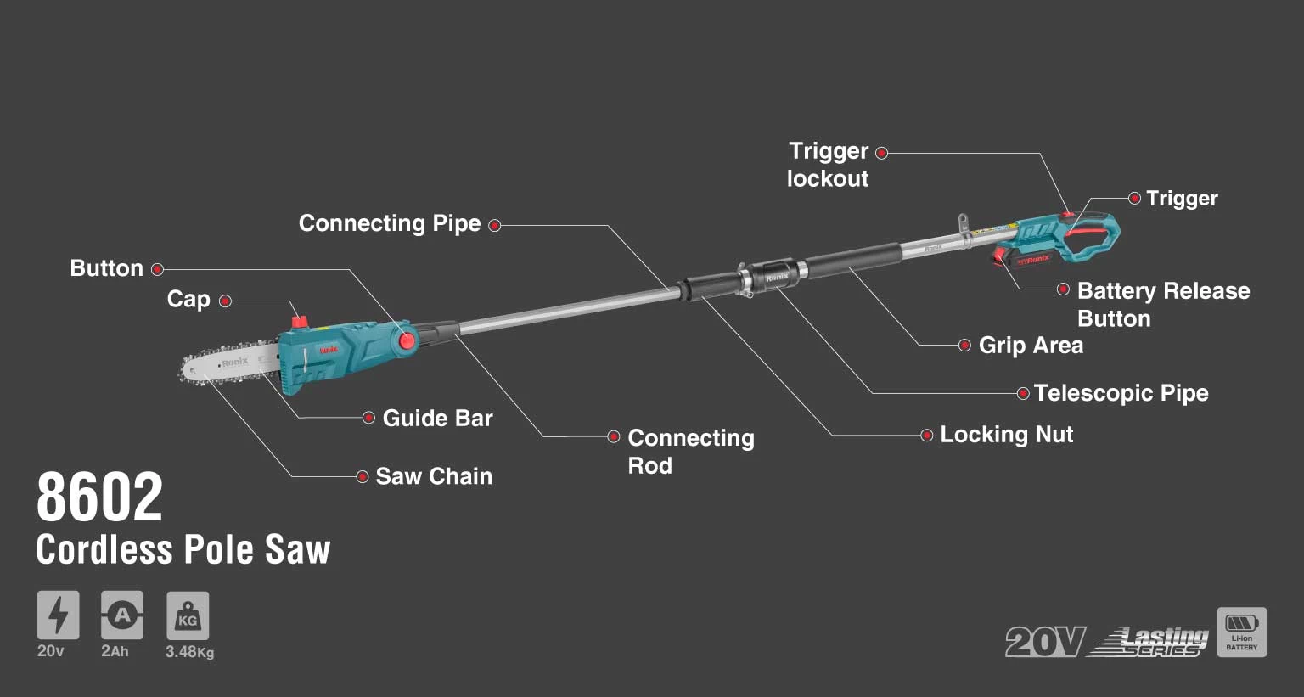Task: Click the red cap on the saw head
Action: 299,322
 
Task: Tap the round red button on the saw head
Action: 407,340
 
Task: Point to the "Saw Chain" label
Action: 433,476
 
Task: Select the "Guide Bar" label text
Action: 437,418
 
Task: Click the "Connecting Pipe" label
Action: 390,223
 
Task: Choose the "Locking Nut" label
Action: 1006,435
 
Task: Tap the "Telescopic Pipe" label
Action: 1121,393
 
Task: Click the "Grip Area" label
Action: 1031,346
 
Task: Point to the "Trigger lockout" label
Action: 828,165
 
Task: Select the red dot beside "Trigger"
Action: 1134,199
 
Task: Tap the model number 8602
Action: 99,498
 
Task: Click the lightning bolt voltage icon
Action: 58,615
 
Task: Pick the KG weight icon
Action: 188,615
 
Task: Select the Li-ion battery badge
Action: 1241,632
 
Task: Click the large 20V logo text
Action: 1045,641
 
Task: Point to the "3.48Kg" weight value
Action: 189,652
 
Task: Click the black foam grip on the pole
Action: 852,259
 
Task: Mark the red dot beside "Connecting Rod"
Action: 614,436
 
